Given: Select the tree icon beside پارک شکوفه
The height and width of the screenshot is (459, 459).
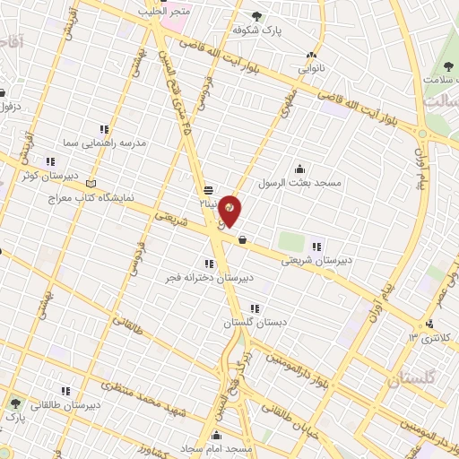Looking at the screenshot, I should click(x=257, y=15).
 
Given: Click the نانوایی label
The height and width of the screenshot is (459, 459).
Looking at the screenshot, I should click(x=313, y=67).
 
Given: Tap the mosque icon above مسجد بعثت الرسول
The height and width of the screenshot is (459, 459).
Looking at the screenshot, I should click(x=299, y=169).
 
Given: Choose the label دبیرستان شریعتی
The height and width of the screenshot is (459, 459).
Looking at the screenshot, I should click(x=318, y=261).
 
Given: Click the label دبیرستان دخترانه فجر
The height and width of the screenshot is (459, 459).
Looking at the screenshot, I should click(x=209, y=278).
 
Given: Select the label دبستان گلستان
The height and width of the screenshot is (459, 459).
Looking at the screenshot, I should click(x=255, y=322).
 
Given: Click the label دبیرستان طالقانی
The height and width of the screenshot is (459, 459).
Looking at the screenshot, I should click(x=65, y=405).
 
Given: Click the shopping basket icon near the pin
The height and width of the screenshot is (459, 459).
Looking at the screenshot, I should click(x=242, y=238).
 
